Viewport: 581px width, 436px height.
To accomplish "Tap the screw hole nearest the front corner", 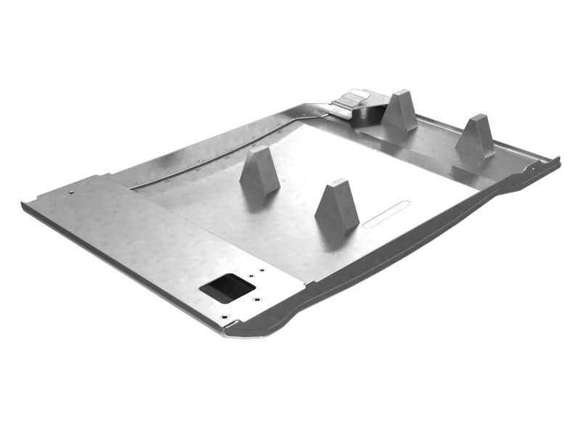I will click(x=224, y=318).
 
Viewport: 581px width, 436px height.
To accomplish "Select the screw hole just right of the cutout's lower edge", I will click(x=256, y=299).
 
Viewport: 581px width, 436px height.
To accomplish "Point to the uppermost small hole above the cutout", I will click(x=262, y=270).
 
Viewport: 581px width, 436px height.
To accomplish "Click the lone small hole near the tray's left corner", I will click(x=72, y=192).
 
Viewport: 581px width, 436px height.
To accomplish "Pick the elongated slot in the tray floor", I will click(x=386, y=214).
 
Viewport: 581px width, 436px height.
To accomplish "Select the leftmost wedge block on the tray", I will click(x=259, y=171).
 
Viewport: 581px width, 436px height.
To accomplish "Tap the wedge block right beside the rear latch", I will click(x=400, y=110).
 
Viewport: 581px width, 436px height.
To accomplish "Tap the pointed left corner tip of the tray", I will click(x=24, y=203).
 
